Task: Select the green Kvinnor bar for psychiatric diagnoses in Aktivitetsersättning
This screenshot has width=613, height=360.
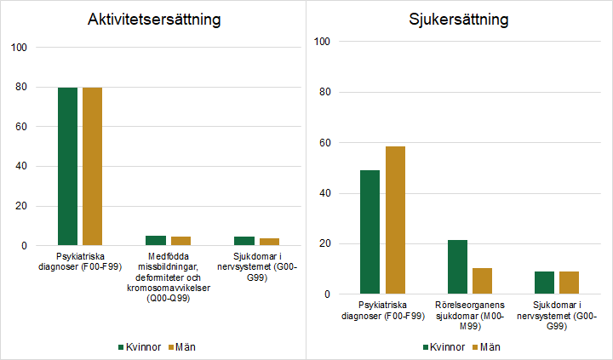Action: click(67, 166)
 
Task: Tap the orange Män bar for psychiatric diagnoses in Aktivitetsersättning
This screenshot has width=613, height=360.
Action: click(92, 166)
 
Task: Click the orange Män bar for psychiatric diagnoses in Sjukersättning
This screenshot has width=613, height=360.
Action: click(395, 220)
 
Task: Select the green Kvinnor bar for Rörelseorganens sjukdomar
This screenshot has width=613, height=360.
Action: click(458, 267)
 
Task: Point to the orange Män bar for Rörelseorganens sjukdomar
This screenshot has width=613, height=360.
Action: click(483, 281)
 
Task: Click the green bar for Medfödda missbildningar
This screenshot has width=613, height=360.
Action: click(156, 241)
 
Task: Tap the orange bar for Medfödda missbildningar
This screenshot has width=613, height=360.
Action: click(180, 242)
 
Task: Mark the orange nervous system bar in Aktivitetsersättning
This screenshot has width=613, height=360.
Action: click(269, 242)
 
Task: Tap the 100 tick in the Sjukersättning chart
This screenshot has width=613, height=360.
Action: click(323, 42)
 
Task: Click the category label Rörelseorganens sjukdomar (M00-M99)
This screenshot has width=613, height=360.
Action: click(470, 314)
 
